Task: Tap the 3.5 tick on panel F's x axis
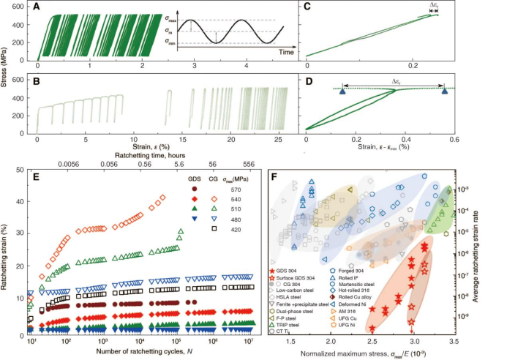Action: tap(457, 341)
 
